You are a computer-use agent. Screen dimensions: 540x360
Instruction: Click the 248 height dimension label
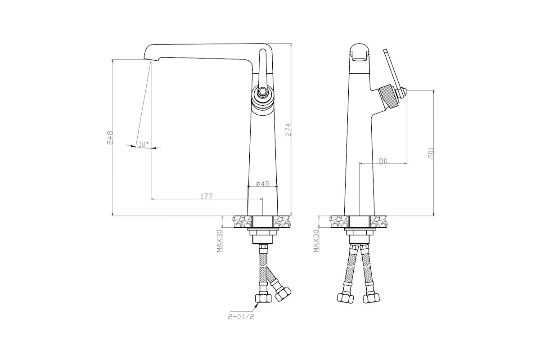109,138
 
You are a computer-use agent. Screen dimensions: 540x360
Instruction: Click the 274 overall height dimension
288,130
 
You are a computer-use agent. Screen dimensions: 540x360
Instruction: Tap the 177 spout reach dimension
207,196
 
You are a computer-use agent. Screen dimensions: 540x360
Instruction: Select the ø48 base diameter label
262,184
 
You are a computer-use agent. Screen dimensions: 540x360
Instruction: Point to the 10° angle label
144,144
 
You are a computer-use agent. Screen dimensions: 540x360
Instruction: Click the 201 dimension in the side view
431,153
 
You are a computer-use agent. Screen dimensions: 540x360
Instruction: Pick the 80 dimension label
383,161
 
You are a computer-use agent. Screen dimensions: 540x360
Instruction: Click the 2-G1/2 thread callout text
241,317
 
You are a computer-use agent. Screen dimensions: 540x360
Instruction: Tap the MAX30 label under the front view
220,240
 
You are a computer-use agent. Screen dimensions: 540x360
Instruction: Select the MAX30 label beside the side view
316,240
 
